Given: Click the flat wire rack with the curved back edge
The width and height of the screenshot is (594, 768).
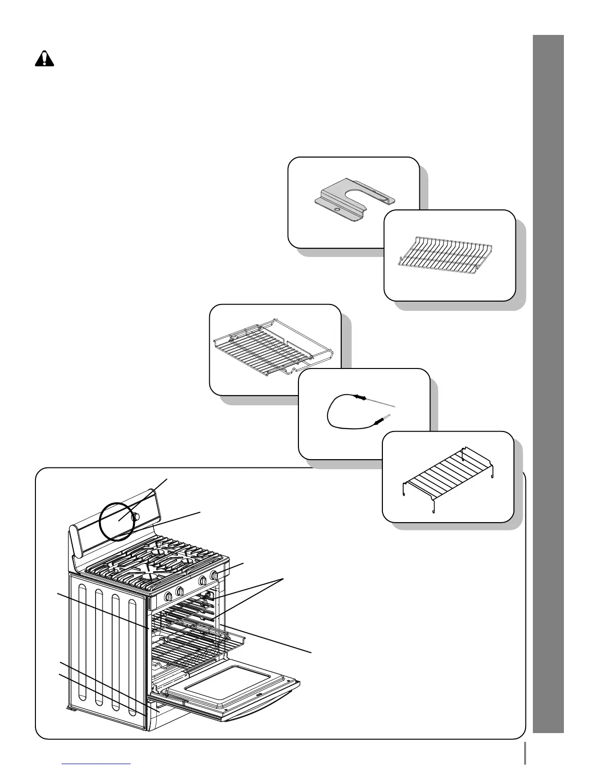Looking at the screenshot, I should (449, 255).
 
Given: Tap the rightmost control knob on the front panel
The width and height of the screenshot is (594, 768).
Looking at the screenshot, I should (214, 576).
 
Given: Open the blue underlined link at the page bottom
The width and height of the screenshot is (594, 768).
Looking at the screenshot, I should (97, 764).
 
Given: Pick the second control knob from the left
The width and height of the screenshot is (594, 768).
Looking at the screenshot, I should (180, 592).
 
